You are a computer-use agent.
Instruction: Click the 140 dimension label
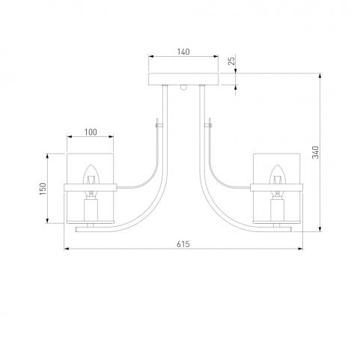click(x=183, y=52)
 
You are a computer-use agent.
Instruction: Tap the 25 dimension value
click(x=232, y=61)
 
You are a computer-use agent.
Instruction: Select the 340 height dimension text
click(x=316, y=152)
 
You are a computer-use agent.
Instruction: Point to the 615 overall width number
click(x=183, y=244)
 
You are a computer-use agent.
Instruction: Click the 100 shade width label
click(x=91, y=132)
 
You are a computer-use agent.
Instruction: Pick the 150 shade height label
click(x=43, y=189)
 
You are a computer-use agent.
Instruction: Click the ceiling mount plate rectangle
click(x=183, y=79)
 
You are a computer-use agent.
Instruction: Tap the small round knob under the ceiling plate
click(x=183, y=88)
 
